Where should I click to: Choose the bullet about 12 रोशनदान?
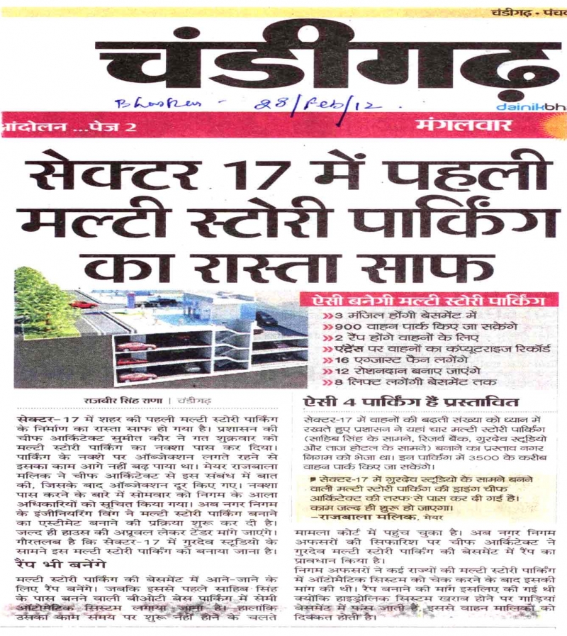click(397, 372)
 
